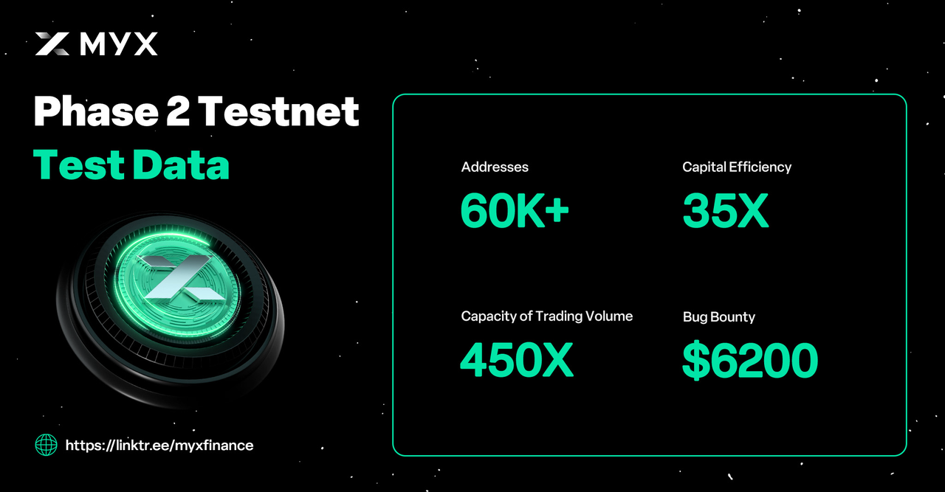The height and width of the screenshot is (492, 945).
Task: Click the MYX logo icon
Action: [52, 44]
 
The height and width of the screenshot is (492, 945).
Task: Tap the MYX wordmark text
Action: [119, 44]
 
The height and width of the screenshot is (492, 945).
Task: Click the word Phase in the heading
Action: [96, 111]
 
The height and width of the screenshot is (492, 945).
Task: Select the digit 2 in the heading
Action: [178, 111]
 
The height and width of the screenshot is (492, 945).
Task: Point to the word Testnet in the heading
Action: [278, 111]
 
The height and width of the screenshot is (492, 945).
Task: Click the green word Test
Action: [79, 164]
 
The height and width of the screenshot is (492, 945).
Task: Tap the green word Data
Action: [181, 164]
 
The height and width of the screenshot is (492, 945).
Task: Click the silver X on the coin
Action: [182, 278]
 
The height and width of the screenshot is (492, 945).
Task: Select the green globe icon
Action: [46, 446]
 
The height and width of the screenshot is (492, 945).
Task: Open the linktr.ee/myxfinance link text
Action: [159, 446]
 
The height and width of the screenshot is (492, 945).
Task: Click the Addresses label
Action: [495, 167]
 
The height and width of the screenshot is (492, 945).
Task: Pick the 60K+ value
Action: [515, 210]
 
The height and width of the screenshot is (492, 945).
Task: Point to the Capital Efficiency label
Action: [737, 167]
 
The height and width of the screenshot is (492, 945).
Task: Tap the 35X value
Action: [726, 210]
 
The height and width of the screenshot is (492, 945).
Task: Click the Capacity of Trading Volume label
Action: [547, 316]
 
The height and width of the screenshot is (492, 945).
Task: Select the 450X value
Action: [517, 360]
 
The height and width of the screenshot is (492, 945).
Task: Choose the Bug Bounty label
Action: [719, 317]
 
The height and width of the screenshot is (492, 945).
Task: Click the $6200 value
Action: [750, 360]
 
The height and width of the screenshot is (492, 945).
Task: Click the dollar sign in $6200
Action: [695, 361]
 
